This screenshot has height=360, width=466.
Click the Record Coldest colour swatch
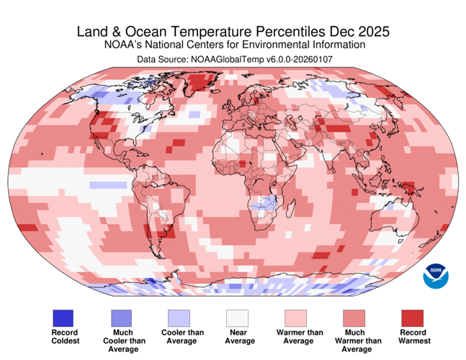[63, 318]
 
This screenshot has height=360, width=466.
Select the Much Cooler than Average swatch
[120, 318]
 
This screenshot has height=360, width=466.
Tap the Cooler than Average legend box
[179, 318]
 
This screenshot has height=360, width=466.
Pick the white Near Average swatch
[237, 318]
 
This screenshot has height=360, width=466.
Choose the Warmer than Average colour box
[295, 318]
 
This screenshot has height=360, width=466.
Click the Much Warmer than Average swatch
[354, 318]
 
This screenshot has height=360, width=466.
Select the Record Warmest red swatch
[413, 318]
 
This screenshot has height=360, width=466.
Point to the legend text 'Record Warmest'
[413, 336]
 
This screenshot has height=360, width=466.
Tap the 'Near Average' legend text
[237, 336]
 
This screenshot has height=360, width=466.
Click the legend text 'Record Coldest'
[63, 336]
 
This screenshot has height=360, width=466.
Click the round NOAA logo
[435, 275]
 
